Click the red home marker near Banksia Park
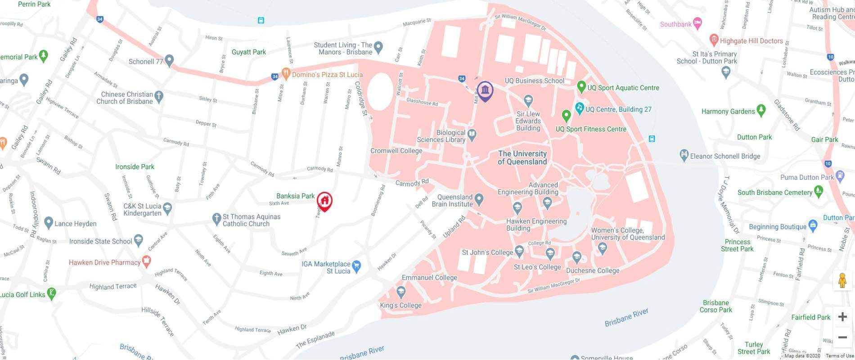point(324,201)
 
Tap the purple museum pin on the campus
point(485,91)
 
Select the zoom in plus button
point(842,317)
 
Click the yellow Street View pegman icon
point(842,281)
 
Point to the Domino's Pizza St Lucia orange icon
point(285,73)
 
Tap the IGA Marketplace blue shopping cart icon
point(357,266)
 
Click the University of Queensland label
point(522,157)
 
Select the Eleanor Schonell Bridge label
point(724,156)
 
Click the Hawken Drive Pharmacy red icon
point(146,261)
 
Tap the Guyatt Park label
point(248,52)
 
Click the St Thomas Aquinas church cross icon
point(216,219)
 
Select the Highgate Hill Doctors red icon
point(713,40)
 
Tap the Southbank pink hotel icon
point(697,23)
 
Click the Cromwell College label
point(396,151)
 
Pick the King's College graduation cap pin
point(401,292)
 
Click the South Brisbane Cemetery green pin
point(819,191)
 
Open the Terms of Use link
point(840,356)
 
